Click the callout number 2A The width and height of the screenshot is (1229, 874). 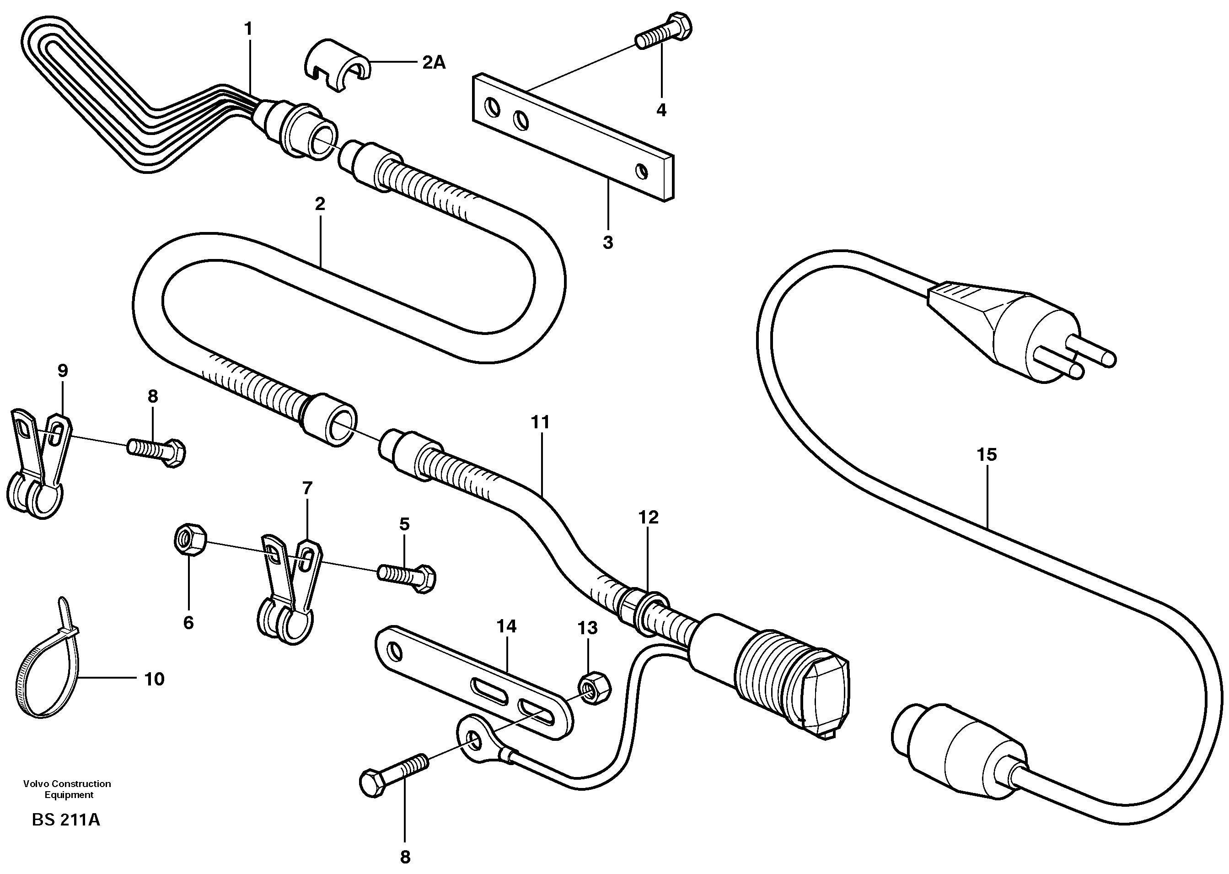point(434,63)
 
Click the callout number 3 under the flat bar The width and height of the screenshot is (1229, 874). point(608,243)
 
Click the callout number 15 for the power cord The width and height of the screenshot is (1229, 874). point(987,455)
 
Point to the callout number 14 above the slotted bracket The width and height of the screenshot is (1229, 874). point(506,626)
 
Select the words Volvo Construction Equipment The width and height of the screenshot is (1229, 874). point(67,789)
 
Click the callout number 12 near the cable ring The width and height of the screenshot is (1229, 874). point(648,517)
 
